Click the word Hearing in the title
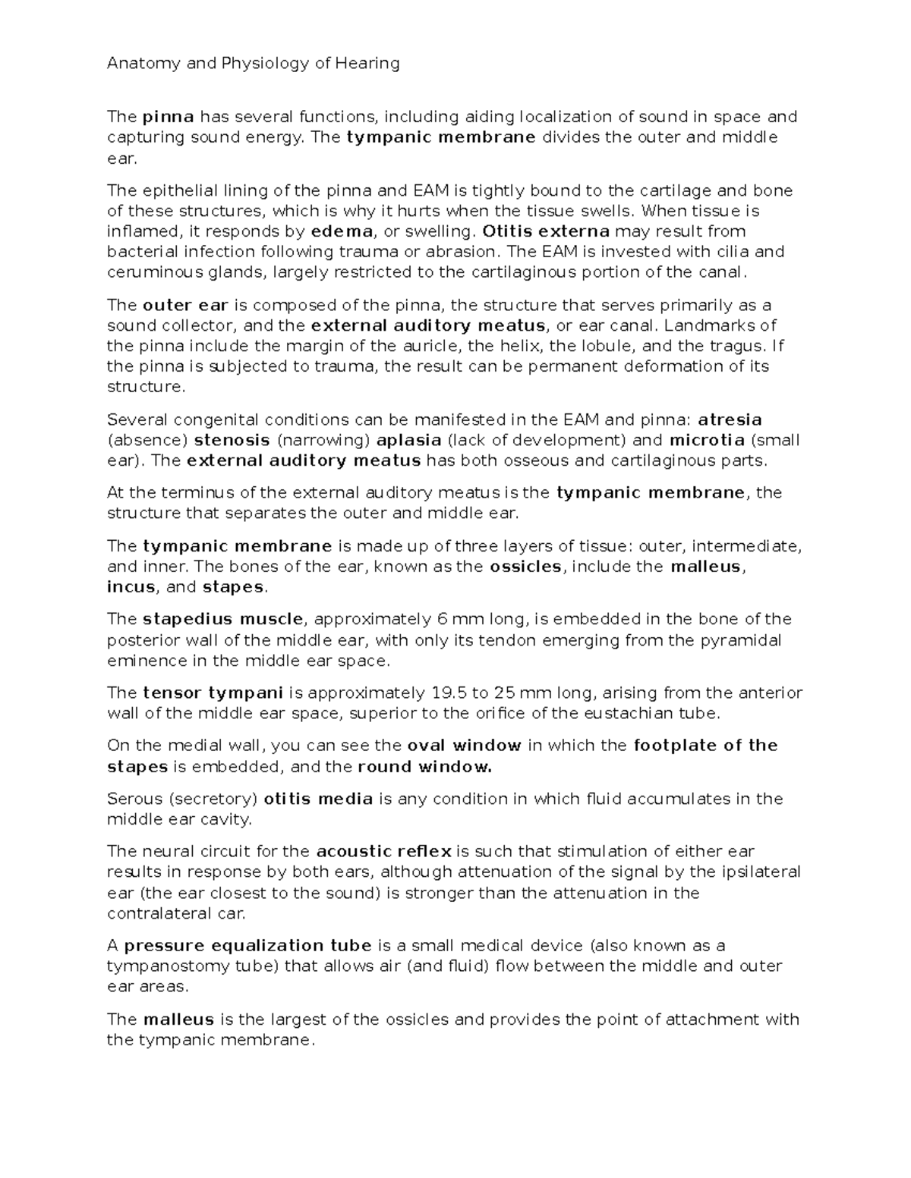[x=370, y=64]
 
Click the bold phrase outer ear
[x=185, y=306]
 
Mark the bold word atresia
[x=730, y=419]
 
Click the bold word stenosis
[x=232, y=440]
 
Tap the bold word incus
[x=131, y=587]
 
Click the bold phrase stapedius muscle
[x=222, y=620]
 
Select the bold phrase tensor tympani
[x=213, y=693]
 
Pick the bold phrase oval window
[x=464, y=746]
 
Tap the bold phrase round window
[x=424, y=767]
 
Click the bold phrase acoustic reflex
[x=383, y=851]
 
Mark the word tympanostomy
[x=159, y=966]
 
